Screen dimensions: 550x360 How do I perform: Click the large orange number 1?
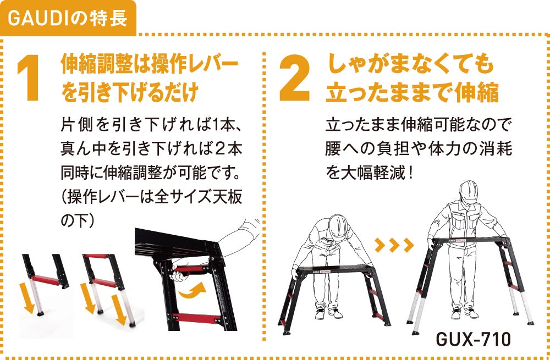pos(29,78)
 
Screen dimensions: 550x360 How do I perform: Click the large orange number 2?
pos(295,78)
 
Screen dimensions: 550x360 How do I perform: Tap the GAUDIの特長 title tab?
pos(68,18)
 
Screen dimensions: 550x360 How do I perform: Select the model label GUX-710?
pos(473,339)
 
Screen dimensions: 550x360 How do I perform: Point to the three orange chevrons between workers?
pos(394,245)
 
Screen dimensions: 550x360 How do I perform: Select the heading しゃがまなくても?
pos(411,64)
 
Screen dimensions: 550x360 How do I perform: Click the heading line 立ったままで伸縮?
pos(412,92)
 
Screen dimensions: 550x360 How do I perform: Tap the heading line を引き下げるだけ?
pos(129,92)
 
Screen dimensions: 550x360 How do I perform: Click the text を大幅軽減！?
pos(370,173)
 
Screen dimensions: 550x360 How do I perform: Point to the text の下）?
pos(78,221)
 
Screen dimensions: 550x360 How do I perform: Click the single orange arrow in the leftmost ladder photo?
pos(27,297)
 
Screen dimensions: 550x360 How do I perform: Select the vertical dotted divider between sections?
pos(264,196)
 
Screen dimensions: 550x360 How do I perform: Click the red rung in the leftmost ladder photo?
pos(46,280)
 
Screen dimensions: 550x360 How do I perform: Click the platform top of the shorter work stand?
pos(334,269)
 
